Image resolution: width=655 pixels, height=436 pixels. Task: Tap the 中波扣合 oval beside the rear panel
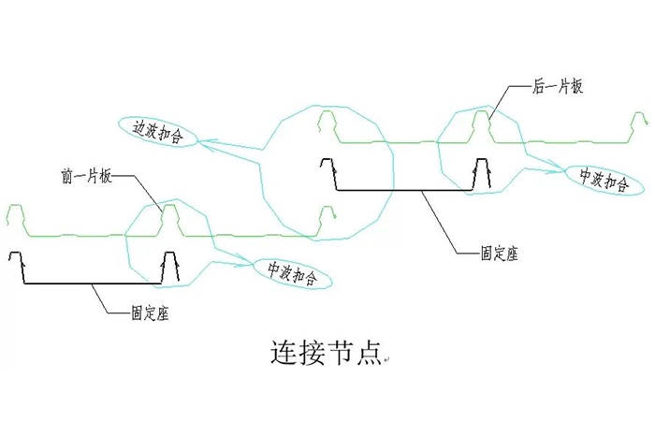[597, 178]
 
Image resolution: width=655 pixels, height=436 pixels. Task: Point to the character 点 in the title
[367, 353]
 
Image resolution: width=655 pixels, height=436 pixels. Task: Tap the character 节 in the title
[340, 353]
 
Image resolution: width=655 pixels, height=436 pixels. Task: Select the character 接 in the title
[312, 353]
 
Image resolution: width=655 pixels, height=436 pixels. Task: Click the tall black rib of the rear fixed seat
[481, 172]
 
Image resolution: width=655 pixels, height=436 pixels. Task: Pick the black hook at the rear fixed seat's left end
[328, 169]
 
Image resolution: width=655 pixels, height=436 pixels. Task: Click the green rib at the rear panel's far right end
[642, 122]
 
